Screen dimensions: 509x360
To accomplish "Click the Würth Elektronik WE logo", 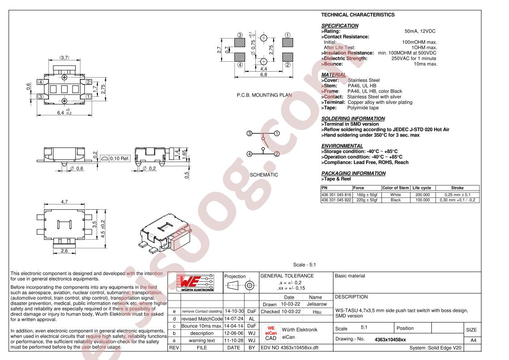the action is click(195, 283).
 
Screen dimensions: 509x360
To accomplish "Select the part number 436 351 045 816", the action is click(336, 195).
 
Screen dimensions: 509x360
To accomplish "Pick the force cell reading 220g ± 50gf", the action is click(367, 200).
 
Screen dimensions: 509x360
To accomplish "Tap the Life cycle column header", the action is click(421, 188).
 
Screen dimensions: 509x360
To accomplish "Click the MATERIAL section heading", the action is click(333, 75).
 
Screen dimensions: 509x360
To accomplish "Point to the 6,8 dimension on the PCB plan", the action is click(264, 75).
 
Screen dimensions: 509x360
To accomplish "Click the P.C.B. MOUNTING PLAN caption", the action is click(264, 95).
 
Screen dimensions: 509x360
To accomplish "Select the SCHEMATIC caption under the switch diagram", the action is click(264, 175).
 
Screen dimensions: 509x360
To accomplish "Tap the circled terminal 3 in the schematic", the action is click(250, 133).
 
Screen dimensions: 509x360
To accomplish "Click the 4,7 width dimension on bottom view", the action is click(64, 202).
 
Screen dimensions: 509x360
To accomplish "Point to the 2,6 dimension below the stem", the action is click(64, 251).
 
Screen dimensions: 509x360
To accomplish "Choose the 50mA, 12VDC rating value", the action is click(420, 31).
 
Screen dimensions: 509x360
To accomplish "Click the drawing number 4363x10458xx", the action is click(390, 340).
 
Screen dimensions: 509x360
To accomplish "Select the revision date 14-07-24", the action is click(234, 319).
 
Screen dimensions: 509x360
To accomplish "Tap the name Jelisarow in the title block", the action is click(317, 304).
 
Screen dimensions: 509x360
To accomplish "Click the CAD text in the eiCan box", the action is click(271, 338).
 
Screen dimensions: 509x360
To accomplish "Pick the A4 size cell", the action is click(473, 340).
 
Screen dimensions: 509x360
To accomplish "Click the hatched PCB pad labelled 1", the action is click(288, 43).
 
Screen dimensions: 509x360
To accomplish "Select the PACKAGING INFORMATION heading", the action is click(353, 173).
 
